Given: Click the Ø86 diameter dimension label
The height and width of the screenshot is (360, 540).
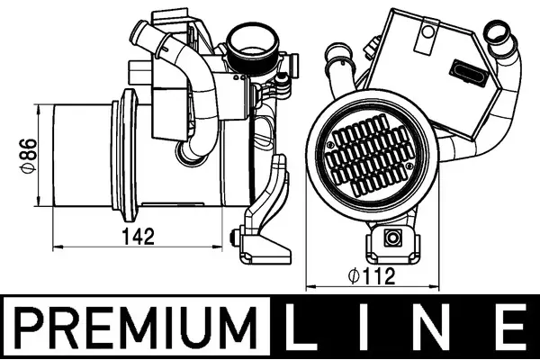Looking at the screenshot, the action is [28, 156].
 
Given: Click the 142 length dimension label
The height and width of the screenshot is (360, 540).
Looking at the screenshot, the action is [139, 237].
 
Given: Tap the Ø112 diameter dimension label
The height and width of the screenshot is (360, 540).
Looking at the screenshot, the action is [372, 276].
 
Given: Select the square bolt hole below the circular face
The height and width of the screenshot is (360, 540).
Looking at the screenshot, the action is [392, 238].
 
